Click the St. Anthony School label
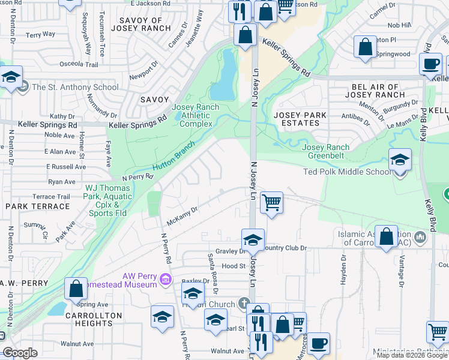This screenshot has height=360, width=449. [75, 87]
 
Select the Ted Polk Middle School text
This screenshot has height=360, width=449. [346, 172]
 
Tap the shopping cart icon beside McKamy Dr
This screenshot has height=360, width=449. [271, 203]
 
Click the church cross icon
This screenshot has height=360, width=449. [243, 302]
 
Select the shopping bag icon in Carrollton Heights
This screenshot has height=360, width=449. [76, 289]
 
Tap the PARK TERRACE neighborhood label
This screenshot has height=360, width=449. [38, 206]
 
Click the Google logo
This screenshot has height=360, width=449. [20, 353]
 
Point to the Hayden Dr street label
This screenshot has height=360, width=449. [343, 267]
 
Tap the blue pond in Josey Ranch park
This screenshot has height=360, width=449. [226, 74]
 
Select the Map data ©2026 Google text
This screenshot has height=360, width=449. [411, 355]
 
